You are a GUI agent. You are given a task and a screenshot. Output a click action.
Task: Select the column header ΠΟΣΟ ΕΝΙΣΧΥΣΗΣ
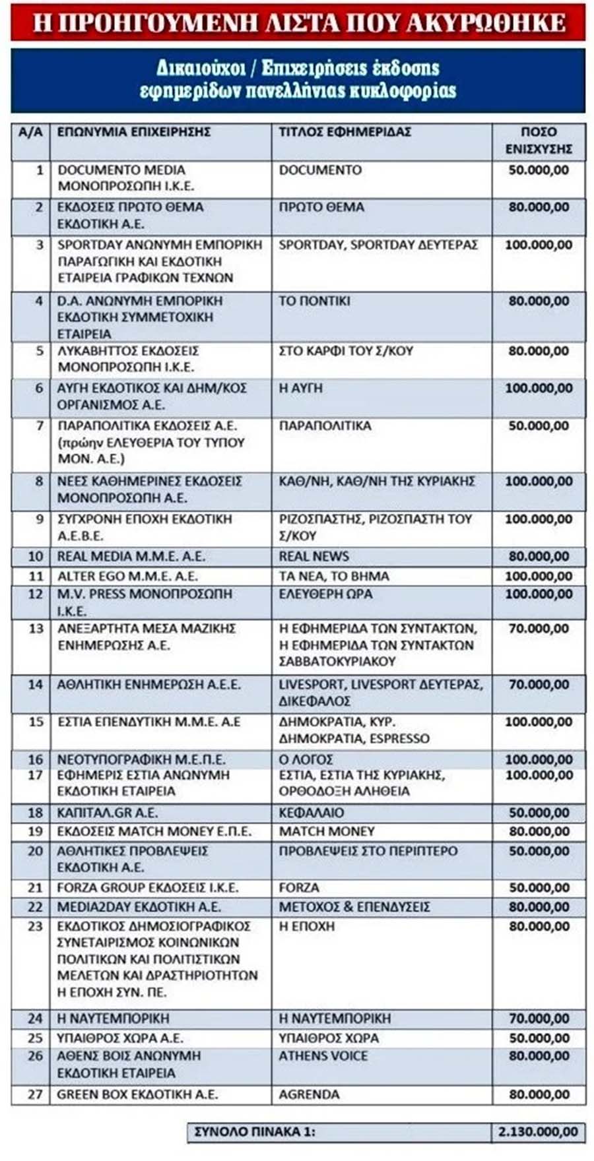tap(539, 141)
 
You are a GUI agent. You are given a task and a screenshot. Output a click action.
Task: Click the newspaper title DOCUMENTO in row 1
tap(320, 170)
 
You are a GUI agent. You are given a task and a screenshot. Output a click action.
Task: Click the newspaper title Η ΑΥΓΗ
tap(300, 389)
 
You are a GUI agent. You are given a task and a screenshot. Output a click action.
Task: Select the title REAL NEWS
tap(313, 556)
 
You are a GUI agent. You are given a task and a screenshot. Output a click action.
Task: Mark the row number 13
tap(35, 629)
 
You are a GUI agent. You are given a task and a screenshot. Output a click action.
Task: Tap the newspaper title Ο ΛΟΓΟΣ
tap(306, 759)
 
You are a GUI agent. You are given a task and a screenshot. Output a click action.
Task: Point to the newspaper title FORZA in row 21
tap(298, 888)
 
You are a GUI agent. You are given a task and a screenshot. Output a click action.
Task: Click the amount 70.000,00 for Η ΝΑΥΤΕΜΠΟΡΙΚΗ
tap(539, 1019)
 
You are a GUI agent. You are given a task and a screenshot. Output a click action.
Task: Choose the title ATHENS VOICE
tap(323, 1056)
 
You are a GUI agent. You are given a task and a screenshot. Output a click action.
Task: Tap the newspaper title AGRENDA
tap(309, 1094)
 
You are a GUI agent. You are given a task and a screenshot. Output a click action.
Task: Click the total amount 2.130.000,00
tap(539, 1132)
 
